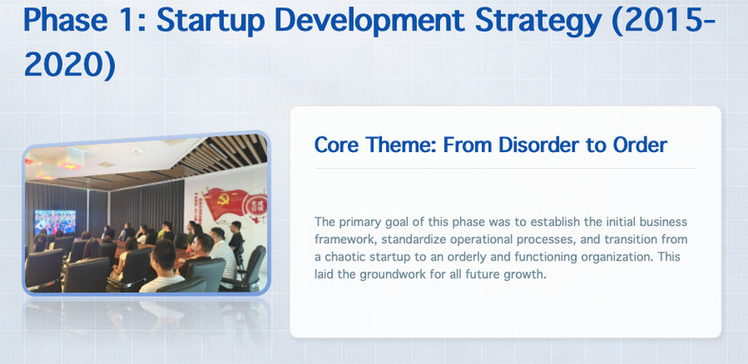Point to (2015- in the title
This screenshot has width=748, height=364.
coord(664,20)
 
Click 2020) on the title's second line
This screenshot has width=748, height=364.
coord(70,64)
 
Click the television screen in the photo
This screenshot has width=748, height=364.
coord(56,222)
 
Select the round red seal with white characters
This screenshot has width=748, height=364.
coord(255,206)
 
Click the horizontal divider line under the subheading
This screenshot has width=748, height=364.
coord(505,169)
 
